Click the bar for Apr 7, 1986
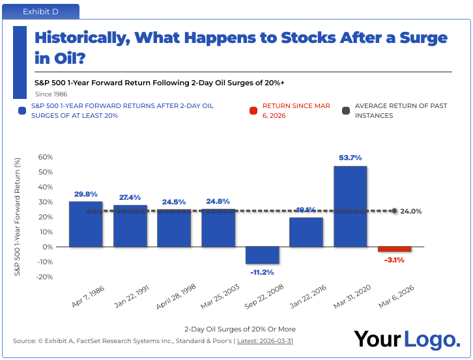click(85, 224)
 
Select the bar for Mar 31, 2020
click(350, 206)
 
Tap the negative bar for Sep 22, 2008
click(262, 255)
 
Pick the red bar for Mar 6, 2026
click(394, 249)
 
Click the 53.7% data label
click(350, 158)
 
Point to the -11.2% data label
click(262, 272)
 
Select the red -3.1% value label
click(394, 260)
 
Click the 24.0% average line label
click(411, 212)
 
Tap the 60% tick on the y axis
click(45, 157)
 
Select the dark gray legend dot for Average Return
click(346, 111)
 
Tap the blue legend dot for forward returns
click(22, 111)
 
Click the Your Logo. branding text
click(406, 339)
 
